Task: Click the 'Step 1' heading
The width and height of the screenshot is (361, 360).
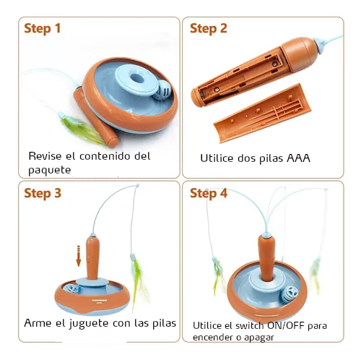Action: [x=43, y=28]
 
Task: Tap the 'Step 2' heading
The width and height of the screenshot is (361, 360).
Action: [x=209, y=28]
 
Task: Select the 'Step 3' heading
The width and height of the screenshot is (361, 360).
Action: [x=43, y=194]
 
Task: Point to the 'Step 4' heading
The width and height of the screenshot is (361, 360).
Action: [x=209, y=194]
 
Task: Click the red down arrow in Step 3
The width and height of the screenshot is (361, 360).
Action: [x=78, y=256]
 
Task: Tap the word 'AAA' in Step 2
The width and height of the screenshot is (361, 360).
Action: [x=298, y=158]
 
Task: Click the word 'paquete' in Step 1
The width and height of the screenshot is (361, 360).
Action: [x=50, y=171]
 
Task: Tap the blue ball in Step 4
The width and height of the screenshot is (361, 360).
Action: [x=290, y=294]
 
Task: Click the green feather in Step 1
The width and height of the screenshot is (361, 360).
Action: [x=82, y=128]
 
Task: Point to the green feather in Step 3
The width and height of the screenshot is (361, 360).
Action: [x=139, y=282]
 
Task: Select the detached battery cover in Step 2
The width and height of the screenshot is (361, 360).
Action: [x=262, y=113]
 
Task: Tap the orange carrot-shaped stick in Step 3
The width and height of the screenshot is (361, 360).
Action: [x=92, y=258]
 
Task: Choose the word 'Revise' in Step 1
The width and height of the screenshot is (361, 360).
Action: [x=45, y=156]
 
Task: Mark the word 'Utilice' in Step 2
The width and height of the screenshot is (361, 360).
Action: [x=217, y=158]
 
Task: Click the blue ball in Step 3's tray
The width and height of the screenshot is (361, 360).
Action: [x=71, y=288]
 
